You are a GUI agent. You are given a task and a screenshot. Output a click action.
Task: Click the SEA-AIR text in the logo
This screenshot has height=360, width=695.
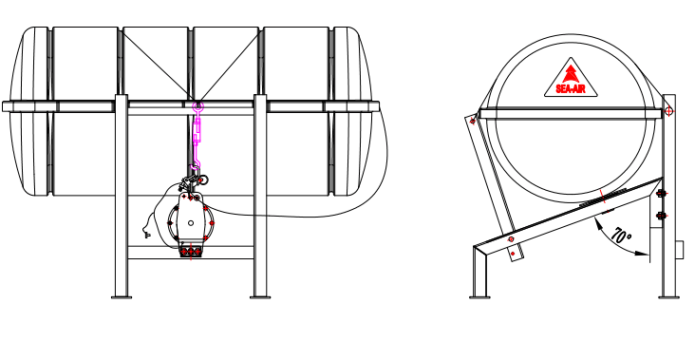[571, 89]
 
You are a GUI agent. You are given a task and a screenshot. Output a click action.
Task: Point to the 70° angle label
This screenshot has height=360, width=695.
[621, 235]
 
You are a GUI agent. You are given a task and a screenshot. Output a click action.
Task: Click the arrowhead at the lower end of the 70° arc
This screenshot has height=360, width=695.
[642, 254]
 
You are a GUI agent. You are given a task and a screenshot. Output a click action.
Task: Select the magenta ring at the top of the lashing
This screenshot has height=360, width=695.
[197, 106]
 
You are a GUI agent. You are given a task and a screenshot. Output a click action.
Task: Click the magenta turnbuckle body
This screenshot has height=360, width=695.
[197, 133]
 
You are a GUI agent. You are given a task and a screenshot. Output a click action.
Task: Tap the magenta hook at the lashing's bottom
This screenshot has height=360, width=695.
[196, 165]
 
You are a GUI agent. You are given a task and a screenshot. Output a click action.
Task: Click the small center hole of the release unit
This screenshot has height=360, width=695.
[191, 223]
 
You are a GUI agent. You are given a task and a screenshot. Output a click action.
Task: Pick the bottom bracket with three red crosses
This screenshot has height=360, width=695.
[191, 252]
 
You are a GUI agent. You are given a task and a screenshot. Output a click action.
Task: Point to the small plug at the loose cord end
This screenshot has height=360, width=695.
[147, 235]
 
